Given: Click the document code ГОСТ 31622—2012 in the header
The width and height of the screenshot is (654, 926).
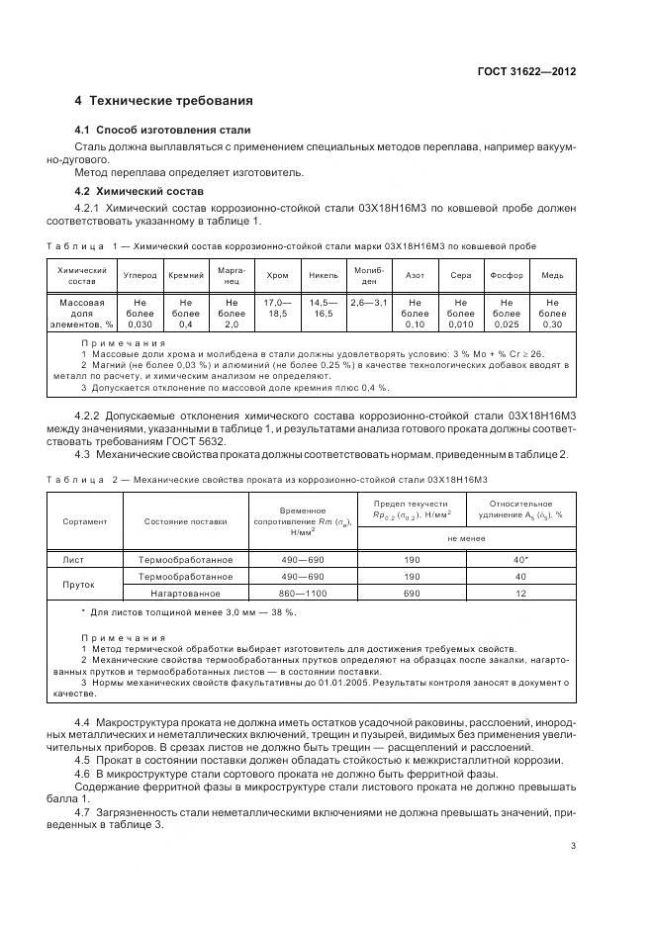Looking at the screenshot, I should (525, 71).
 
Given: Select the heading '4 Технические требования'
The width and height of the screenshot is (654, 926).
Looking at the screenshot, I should (164, 101).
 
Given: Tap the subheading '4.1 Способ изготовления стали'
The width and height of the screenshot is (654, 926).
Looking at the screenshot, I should (163, 130).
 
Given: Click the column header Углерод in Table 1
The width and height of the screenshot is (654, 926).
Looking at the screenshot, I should (140, 275).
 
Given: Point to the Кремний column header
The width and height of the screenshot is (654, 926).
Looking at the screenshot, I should (186, 275).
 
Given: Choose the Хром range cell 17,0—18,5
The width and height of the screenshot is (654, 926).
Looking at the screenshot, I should (278, 307).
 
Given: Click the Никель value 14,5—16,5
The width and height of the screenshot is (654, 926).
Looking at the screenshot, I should (324, 307).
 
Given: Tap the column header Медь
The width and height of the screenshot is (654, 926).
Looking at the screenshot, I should (552, 275).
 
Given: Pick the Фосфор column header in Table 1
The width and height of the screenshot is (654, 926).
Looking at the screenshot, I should (507, 275).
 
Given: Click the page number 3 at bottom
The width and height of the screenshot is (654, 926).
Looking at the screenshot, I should (573, 845).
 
